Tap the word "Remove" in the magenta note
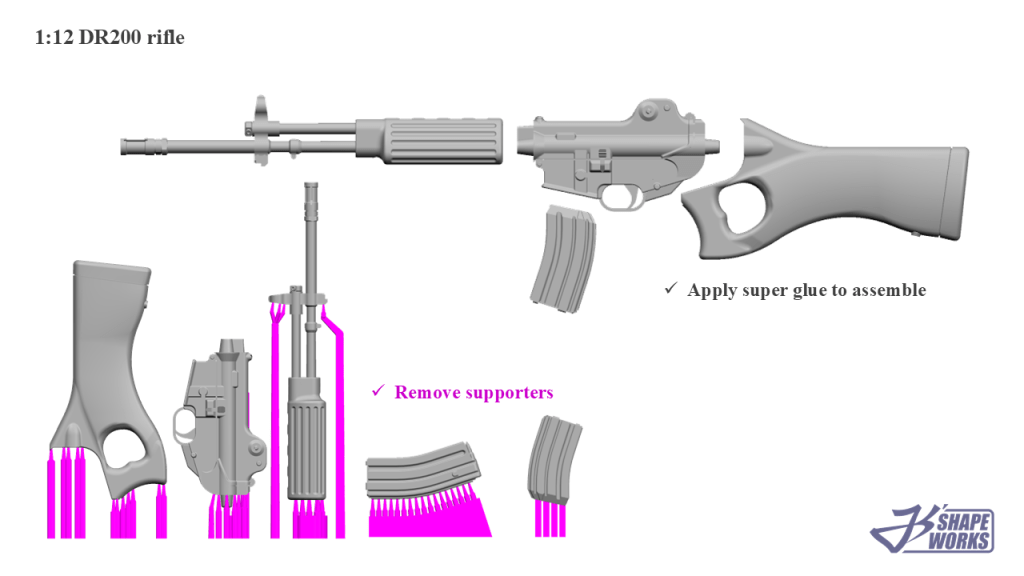pyautogui.click(x=425, y=392)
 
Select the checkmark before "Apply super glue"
pyautogui.click(x=670, y=289)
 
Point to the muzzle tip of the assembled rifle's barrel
pyautogui.click(x=125, y=147)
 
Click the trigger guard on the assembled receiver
pyautogui.click(x=620, y=197)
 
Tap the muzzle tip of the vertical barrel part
pyautogui.click(x=311, y=187)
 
